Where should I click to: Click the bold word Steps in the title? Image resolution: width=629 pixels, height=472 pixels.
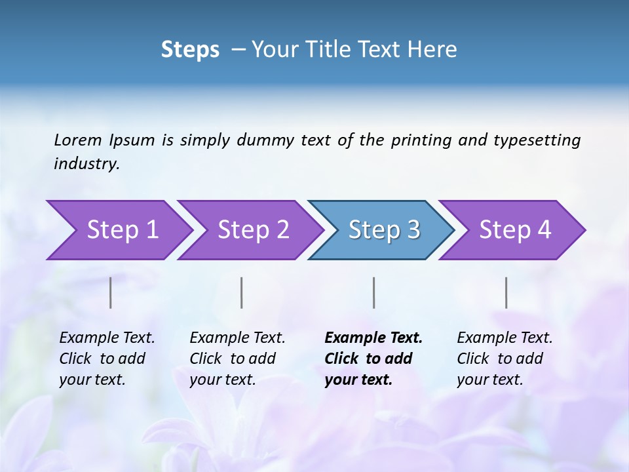click(x=190, y=50)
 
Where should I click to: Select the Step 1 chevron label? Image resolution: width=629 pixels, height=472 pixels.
click(x=123, y=230)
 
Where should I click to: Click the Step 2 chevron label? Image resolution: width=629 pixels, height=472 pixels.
click(x=254, y=230)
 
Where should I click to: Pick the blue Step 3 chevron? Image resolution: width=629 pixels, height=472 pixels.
click(x=384, y=230)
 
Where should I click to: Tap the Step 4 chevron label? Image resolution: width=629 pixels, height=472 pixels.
click(x=515, y=230)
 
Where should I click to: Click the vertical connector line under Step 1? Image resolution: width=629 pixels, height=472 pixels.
click(x=111, y=292)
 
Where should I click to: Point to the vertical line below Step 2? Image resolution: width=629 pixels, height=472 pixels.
click(x=242, y=292)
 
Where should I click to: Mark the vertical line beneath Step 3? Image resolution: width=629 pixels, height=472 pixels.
click(x=373, y=292)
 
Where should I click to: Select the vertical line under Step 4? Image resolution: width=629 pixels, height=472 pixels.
click(x=506, y=292)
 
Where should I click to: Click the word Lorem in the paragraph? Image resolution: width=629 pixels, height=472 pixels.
click(x=78, y=140)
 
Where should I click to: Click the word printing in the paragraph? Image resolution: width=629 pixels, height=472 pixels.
click(x=421, y=140)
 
